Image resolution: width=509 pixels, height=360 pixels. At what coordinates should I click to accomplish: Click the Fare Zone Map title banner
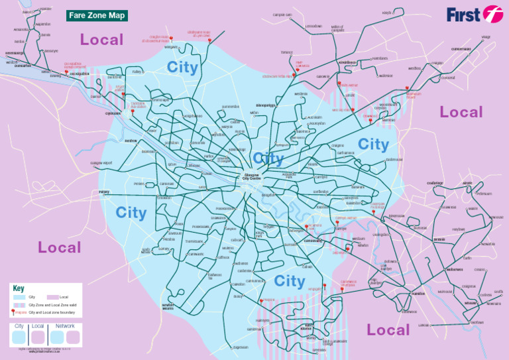click(x=97, y=15)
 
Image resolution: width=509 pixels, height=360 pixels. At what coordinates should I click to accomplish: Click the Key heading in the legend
click(x=19, y=288)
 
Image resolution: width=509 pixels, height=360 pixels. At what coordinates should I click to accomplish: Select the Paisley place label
click(x=104, y=192)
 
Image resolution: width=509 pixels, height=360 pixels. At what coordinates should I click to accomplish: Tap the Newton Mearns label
click(x=168, y=306)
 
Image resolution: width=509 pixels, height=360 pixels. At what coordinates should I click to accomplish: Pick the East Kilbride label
click(x=306, y=326)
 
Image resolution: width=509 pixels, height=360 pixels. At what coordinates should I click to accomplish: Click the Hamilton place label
click(x=418, y=293)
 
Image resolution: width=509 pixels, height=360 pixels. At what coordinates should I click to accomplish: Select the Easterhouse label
click(x=394, y=159)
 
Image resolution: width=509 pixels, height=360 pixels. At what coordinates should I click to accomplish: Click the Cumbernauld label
click(x=461, y=48)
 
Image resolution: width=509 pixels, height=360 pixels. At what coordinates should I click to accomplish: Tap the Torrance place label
click(x=286, y=52)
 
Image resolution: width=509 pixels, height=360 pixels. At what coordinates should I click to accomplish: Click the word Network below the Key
click(x=65, y=326)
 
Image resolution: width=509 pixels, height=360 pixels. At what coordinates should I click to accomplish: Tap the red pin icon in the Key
click(x=13, y=312)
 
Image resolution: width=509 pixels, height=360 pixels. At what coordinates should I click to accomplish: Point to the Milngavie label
click(x=171, y=47)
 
